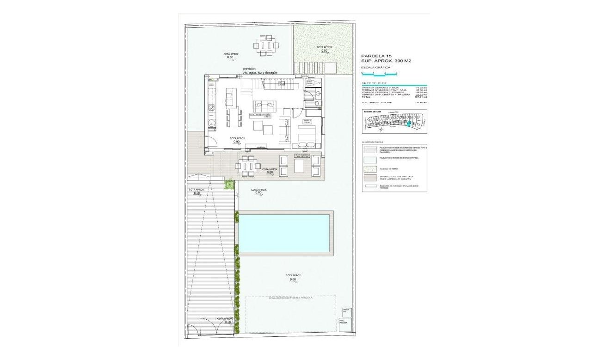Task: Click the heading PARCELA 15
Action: point(376,56)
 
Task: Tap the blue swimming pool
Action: point(284,233)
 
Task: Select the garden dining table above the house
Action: point(266,46)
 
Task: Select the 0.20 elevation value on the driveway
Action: point(197,193)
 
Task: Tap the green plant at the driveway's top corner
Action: point(228,185)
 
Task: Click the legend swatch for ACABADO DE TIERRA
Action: point(370,168)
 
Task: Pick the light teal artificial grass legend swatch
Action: point(370,159)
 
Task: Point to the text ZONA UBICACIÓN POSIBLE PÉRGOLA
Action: point(290,298)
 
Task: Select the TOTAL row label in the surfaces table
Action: point(367,97)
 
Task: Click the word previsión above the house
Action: point(249,68)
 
